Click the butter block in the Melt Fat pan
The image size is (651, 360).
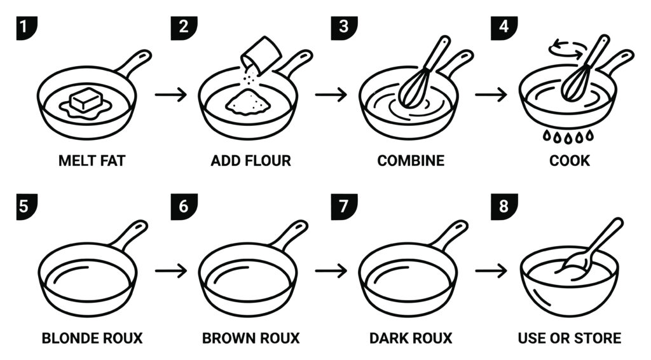(x=86, y=100)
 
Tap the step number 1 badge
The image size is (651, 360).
(x=27, y=28)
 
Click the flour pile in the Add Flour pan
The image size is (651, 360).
(x=248, y=102)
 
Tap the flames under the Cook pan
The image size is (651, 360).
(x=568, y=135)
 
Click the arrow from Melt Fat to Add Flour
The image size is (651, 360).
(x=170, y=95)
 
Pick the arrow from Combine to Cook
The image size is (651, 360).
(x=491, y=95)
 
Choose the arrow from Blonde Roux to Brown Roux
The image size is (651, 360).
(x=170, y=271)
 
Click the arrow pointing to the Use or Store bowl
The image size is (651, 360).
(x=491, y=271)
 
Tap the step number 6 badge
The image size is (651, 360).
(x=184, y=206)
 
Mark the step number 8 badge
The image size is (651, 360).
(x=504, y=206)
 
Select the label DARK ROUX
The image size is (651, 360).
(x=411, y=338)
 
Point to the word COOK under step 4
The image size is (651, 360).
(x=569, y=161)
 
